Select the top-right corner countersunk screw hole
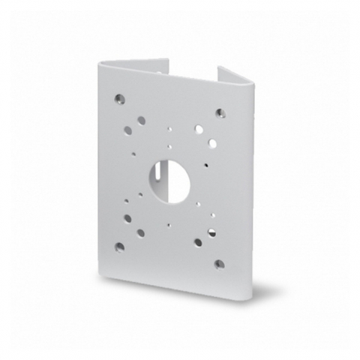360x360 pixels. pos(220,113)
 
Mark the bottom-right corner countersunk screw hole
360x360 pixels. pos(218,265)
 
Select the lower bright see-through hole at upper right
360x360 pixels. pos(213,142)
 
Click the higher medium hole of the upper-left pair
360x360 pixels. pos(139,118)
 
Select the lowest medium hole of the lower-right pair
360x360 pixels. pos(199,242)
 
